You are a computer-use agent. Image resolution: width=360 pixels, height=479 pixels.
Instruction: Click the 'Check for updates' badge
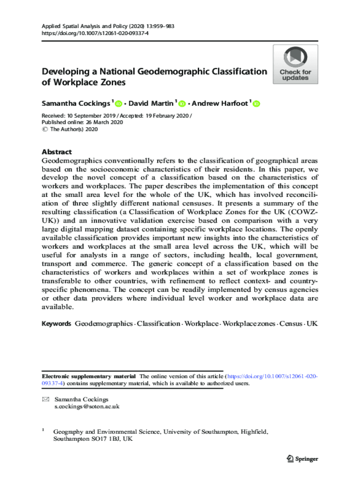click(x=295, y=65)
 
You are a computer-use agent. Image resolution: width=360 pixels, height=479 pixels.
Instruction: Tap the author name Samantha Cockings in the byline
click(x=75, y=103)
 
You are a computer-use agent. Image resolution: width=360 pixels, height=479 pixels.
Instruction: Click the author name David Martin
click(x=151, y=103)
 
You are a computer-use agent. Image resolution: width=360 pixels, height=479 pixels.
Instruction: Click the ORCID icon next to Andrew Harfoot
click(x=256, y=104)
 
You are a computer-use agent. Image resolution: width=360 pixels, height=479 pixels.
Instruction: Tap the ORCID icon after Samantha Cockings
click(x=118, y=104)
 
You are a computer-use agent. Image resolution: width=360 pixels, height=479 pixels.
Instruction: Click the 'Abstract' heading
click(x=57, y=152)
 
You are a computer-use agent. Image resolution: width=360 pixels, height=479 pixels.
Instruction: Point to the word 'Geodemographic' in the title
click(x=173, y=72)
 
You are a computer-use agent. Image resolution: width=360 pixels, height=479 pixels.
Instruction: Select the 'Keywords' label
click(x=56, y=324)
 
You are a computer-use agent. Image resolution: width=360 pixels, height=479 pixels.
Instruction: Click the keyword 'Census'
click(x=290, y=324)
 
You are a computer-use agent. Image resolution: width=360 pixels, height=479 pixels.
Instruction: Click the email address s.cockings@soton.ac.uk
click(x=87, y=406)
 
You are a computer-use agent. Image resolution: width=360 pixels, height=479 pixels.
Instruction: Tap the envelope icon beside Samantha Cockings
click(x=45, y=399)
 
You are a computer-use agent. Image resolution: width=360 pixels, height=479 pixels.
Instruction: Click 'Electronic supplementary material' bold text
click(x=89, y=376)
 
